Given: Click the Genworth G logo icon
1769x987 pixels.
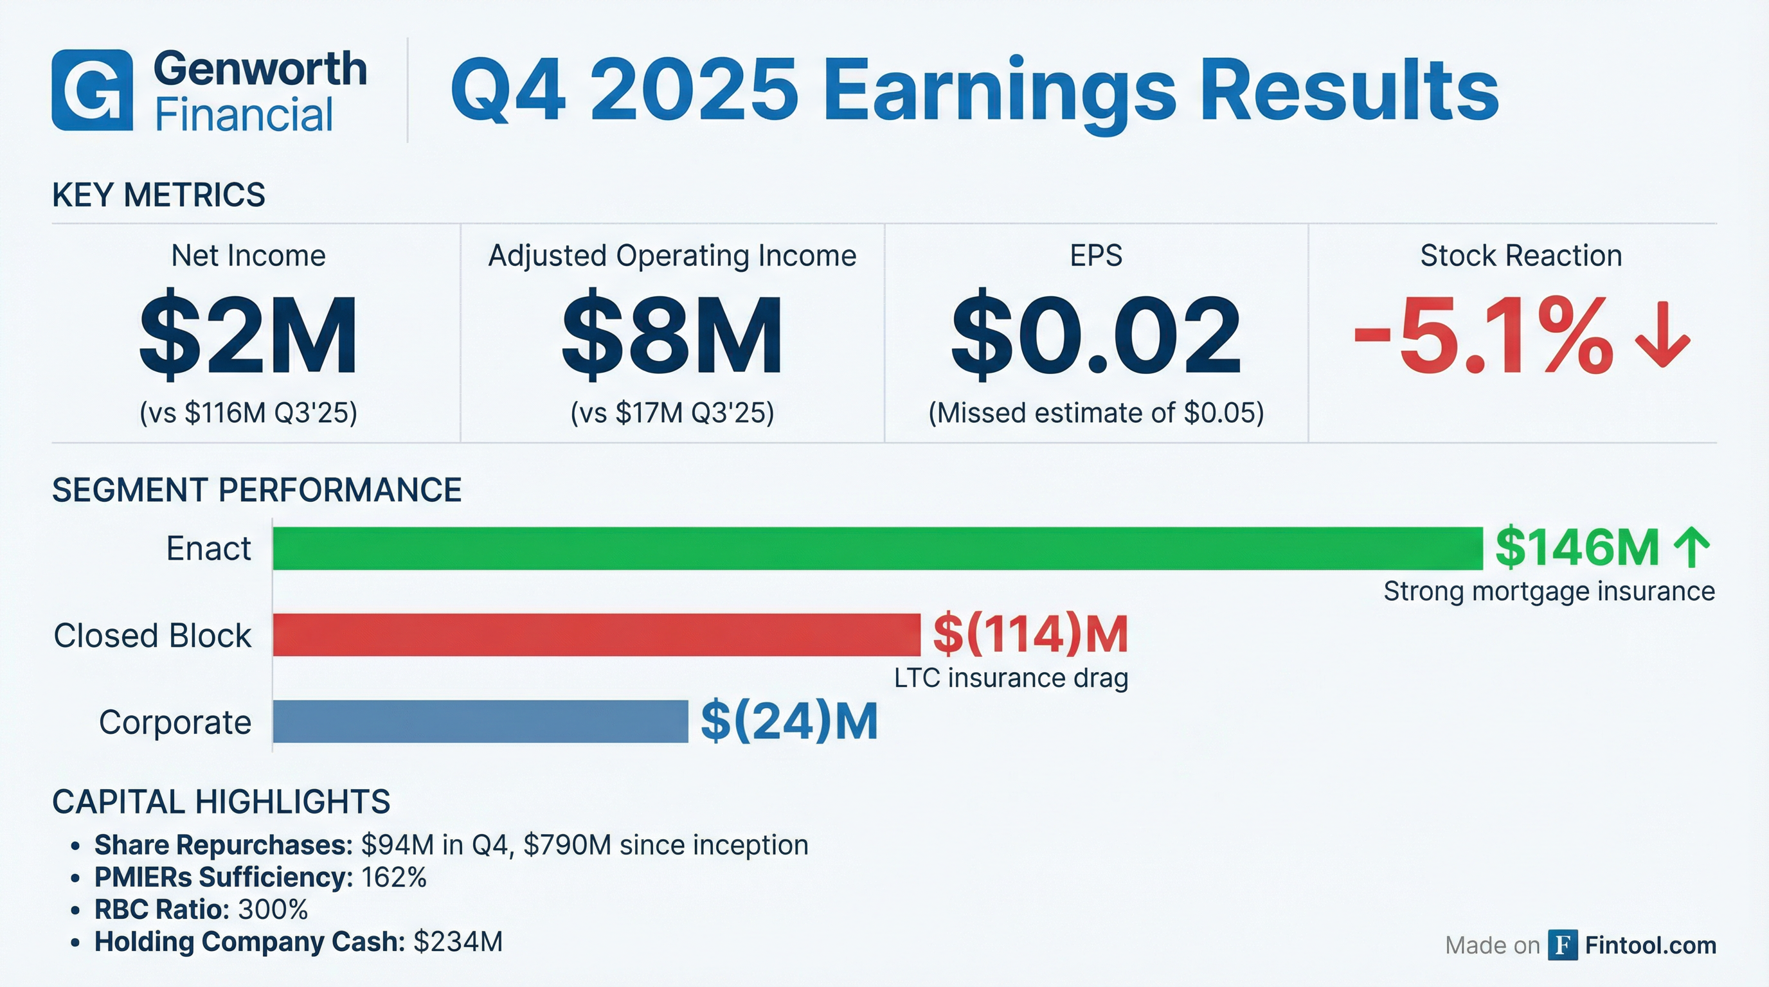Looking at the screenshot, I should coord(92,90).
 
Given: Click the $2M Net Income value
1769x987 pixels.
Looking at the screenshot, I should coord(248,335).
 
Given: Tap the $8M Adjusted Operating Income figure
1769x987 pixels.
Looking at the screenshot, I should coord(672,335).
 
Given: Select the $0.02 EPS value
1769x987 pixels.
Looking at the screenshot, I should coord(1095,335).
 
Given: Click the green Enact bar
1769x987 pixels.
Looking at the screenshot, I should coord(877,548).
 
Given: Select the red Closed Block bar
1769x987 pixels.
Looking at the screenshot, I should coord(596,635).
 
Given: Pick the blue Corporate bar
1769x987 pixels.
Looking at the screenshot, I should coord(480,722).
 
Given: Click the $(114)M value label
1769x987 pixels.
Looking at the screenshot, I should coord(1030,634).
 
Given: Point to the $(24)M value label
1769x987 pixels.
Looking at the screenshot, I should coord(789,722).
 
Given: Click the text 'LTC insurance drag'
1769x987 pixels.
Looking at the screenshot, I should coord(1011,678).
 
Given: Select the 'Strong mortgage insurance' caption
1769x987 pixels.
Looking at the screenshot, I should coord(1549,591).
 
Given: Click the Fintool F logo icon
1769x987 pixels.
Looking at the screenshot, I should coord(1562,945).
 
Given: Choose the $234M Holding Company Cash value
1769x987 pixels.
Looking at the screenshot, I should coord(458,942).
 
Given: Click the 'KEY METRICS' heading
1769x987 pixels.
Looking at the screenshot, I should coord(159,195).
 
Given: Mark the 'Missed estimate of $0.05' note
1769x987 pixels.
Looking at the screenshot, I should coord(1096,413).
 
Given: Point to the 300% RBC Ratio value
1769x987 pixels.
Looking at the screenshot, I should coord(273,909).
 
